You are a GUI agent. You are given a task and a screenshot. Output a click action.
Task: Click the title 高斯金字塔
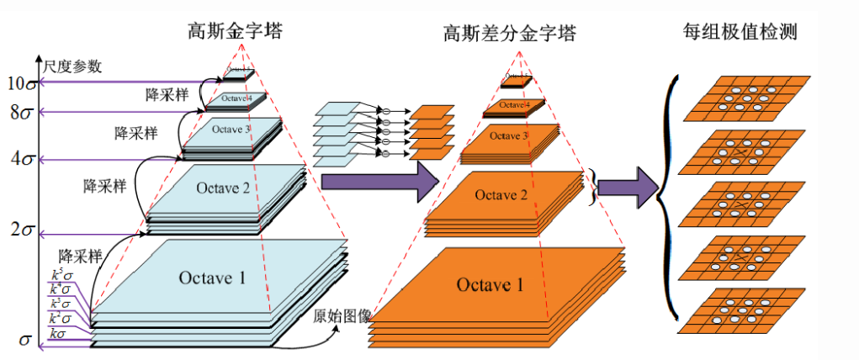tap(235, 33)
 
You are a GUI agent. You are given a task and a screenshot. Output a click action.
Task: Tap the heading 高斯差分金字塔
tap(509, 34)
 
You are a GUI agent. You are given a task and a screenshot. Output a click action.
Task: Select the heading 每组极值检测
tap(740, 33)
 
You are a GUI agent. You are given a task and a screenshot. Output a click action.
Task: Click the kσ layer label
tap(58, 334)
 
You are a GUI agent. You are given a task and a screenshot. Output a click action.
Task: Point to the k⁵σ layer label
tap(60, 273)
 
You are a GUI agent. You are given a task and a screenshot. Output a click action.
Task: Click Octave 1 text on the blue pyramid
tap(212, 276)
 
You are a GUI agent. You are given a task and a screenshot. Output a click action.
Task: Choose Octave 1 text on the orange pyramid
tap(490, 284)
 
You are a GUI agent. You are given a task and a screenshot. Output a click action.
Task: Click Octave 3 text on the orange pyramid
tap(509, 135)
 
